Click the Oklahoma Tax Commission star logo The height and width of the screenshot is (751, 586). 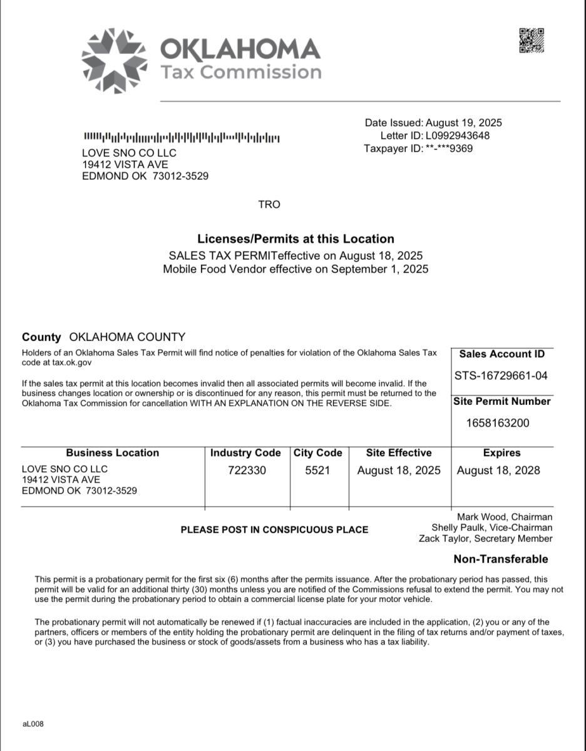[114, 61]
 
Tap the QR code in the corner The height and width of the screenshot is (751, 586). [532, 41]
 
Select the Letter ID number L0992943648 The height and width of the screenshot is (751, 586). [457, 136]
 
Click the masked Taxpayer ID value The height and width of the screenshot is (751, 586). [449, 149]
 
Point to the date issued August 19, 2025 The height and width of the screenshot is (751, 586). [464, 123]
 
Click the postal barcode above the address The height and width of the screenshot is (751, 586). [182, 137]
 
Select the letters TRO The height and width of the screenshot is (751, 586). [269, 205]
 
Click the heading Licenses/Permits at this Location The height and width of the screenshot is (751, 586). [296, 238]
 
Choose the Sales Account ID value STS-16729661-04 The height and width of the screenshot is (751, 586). [501, 375]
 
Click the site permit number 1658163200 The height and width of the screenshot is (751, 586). [498, 423]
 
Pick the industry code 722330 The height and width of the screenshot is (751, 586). [247, 471]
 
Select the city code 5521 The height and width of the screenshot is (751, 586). [317, 471]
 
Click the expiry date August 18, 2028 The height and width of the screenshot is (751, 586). [498, 471]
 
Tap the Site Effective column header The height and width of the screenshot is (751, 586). [399, 452]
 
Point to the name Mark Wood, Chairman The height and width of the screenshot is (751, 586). [505, 517]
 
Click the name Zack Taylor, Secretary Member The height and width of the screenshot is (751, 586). [486, 539]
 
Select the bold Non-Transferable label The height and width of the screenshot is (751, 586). [500, 559]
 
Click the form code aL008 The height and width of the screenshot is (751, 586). [33, 724]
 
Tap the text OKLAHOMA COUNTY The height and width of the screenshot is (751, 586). [127, 337]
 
